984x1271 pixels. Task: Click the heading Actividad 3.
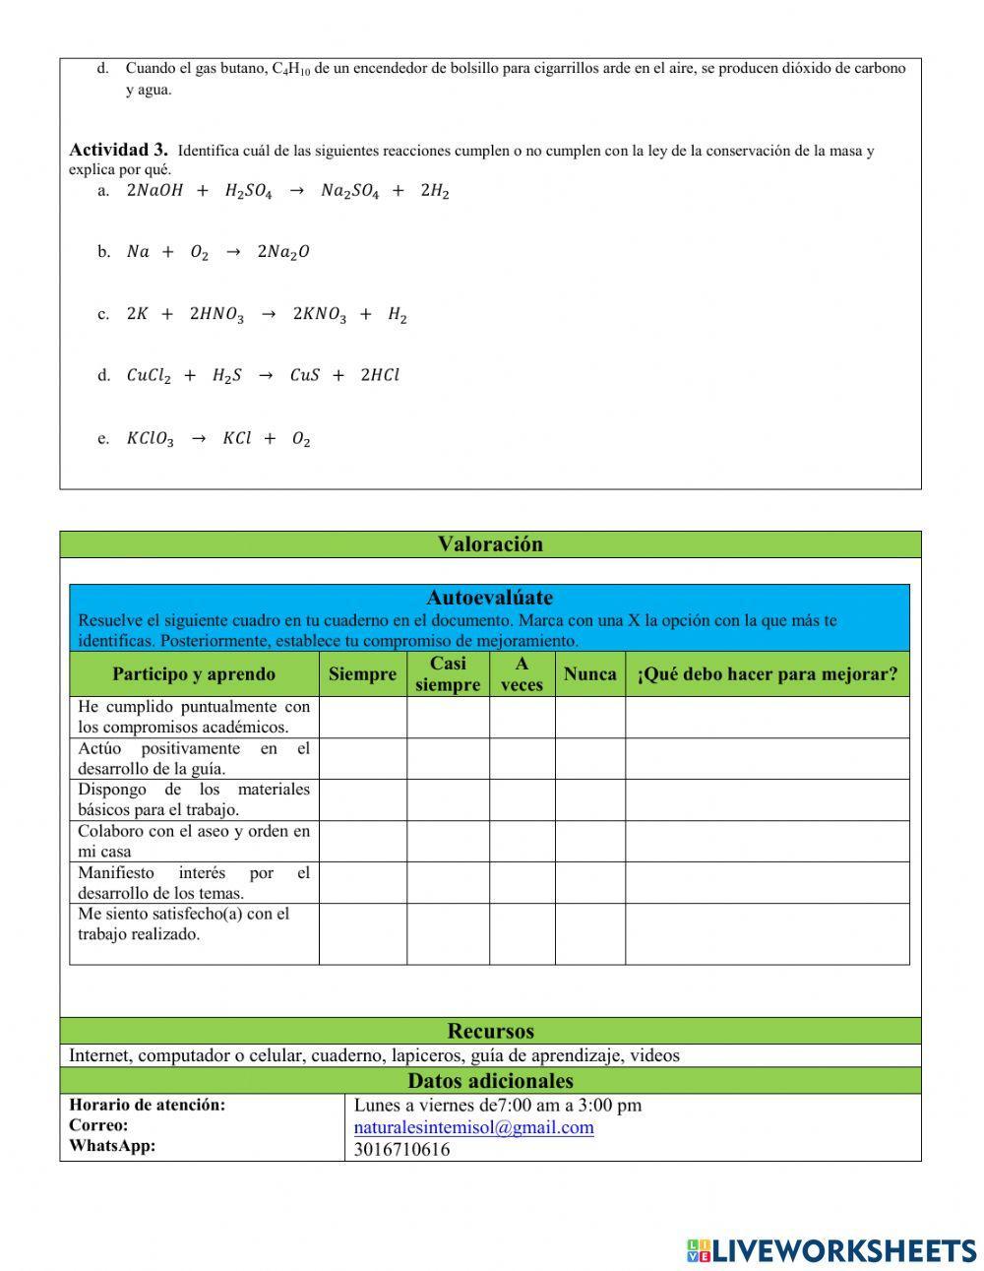click(x=118, y=150)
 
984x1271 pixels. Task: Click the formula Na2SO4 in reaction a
click(x=349, y=192)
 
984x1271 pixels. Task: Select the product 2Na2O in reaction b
click(x=282, y=253)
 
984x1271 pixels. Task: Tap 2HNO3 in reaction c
click(x=215, y=315)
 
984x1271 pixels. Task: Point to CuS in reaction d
click(x=304, y=375)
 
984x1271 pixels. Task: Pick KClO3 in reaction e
click(x=150, y=439)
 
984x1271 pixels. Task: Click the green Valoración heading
click(x=490, y=544)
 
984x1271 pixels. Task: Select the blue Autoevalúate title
click(x=489, y=598)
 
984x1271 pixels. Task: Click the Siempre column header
click(x=362, y=674)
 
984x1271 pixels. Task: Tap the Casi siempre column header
click(x=448, y=674)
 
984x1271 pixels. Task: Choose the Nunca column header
click(x=589, y=674)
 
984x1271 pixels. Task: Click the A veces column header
click(x=522, y=674)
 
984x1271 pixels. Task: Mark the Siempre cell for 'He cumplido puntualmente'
click(x=362, y=718)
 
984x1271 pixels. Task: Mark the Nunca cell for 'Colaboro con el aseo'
click(x=589, y=842)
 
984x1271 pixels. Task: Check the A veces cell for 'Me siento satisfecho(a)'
click(x=522, y=933)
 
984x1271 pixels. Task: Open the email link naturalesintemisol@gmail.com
click(x=473, y=1128)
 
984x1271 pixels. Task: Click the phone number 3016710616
click(x=401, y=1150)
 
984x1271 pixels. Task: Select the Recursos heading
click(x=490, y=1031)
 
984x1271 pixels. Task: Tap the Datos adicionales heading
click(x=490, y=1081)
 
